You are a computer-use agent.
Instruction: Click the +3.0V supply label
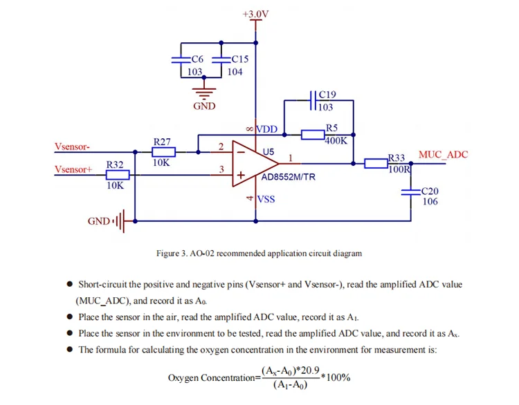[x=256, y=14]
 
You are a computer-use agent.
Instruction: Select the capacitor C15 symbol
[x=221, y=60]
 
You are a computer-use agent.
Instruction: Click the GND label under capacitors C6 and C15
[x=203, y=106]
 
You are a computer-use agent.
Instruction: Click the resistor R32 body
[x=116, y=176]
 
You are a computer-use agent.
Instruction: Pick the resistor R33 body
[x=376, y=164]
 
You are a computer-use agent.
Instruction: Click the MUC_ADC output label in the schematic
[x=443, y=155]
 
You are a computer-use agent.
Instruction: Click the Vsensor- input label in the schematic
[x=72, y=147]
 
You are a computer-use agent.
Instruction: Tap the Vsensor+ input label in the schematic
[x=73, y=170]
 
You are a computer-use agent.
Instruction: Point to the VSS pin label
[x=266, y=199]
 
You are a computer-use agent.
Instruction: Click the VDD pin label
[x=266, y=129]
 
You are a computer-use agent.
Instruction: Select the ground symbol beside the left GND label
[x=120, y=221]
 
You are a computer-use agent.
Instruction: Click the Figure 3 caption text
[x=259, y=254]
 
